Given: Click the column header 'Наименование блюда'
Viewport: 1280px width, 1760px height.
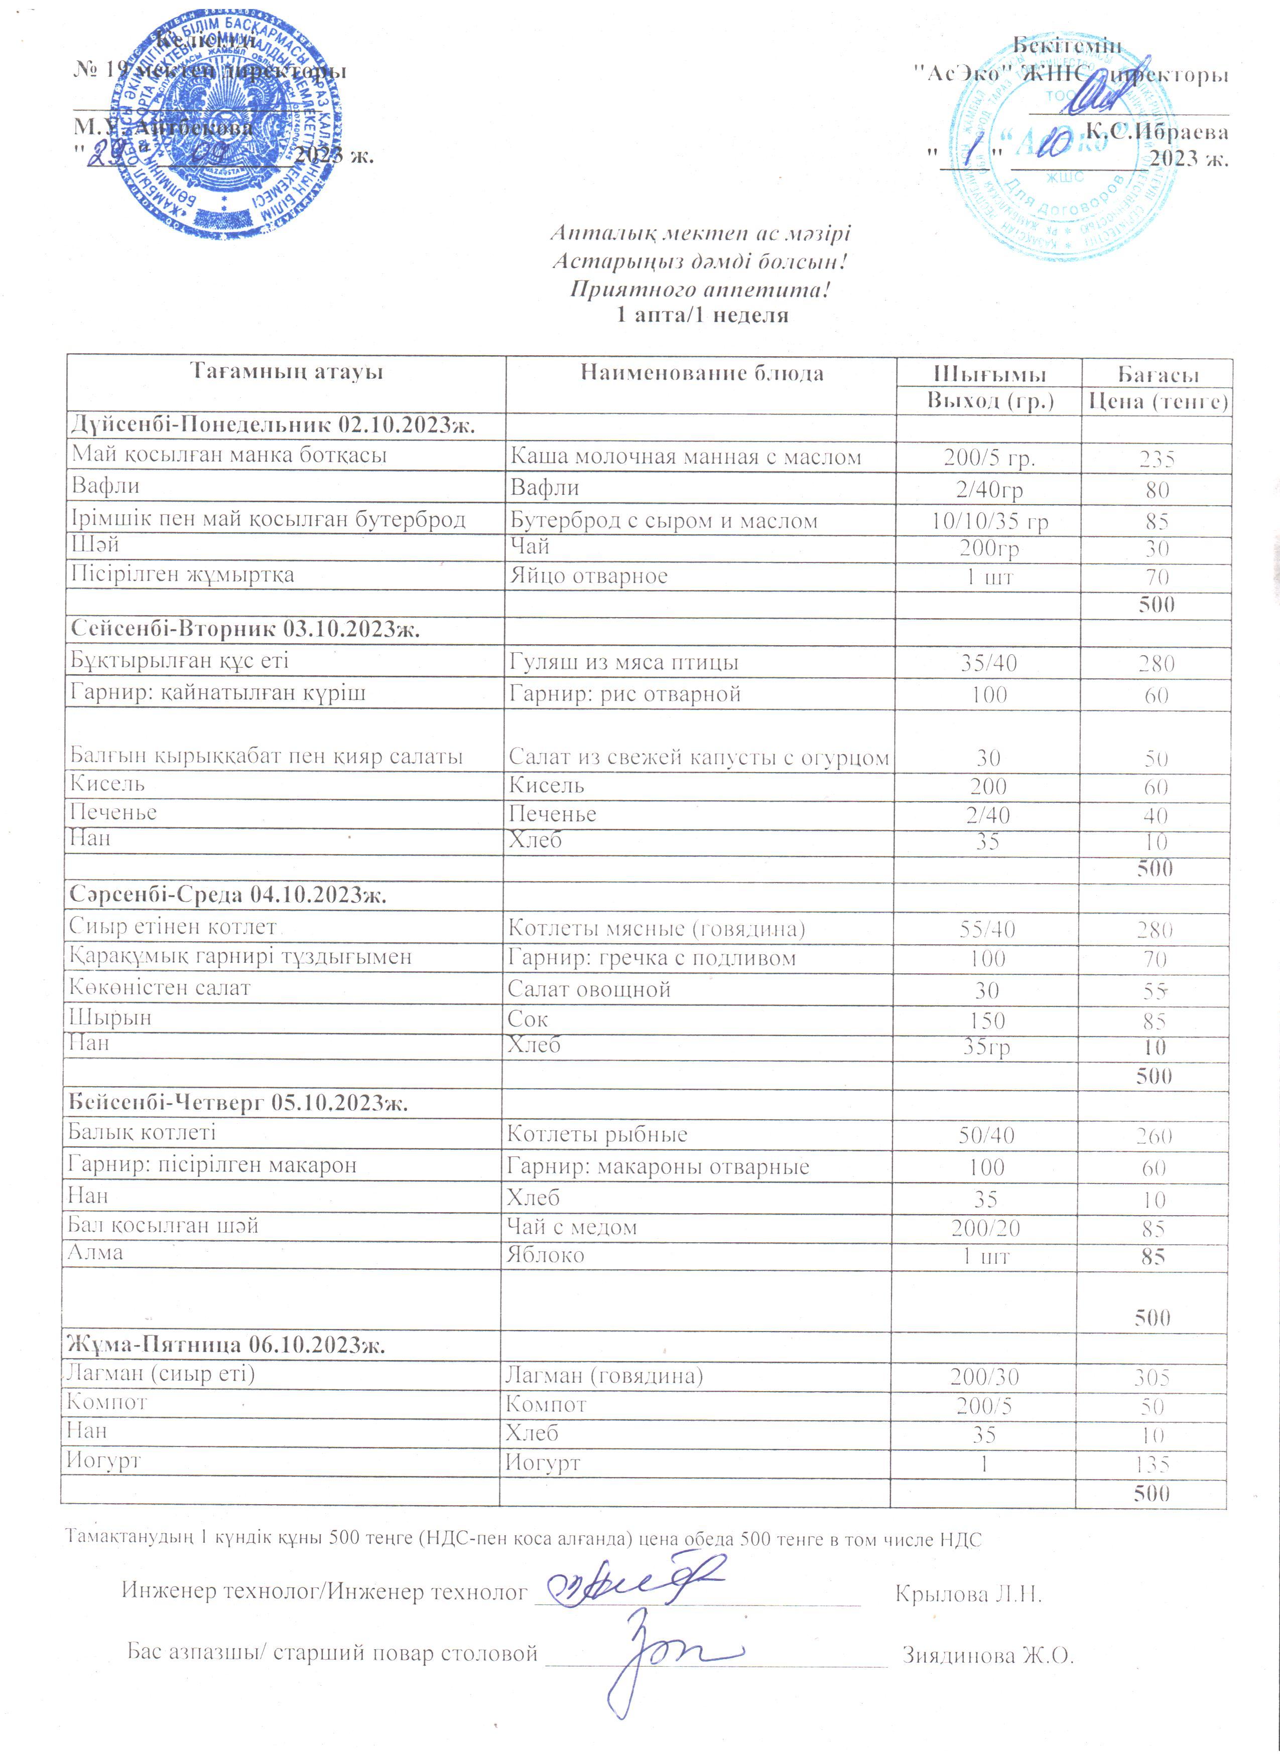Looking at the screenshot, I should pos(702,373).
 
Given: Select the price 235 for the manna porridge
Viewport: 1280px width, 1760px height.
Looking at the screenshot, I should pos(1157,459).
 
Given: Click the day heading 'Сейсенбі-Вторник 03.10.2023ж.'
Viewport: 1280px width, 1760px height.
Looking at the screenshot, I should pos(245,629).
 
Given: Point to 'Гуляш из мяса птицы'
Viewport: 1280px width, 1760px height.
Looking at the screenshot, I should pos(623,662).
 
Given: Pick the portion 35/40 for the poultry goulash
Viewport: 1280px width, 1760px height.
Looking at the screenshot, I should pos(988,663).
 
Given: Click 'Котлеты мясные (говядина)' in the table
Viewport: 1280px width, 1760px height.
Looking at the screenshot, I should pos(656,928).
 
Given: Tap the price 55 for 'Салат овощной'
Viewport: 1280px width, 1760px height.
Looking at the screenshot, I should pos(1155,991).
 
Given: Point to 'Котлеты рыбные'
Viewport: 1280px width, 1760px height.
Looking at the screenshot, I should pos(597,1134).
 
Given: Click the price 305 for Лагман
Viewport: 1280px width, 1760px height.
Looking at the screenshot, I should pos(1152,1377).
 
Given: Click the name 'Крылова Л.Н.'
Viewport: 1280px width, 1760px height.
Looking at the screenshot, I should pos(968,1595).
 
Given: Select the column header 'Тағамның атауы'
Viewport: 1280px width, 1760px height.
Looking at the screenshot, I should pos(287,372).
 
